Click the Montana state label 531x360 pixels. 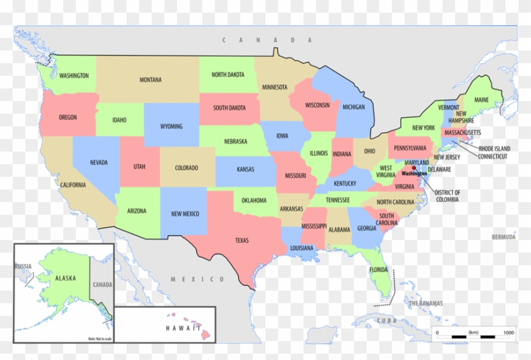tap(150, 80)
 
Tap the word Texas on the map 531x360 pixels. tap(241, 240)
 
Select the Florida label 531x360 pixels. tap(378, 270)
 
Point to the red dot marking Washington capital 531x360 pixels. tap(414, 169)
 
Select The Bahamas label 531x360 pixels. tap(425, 303)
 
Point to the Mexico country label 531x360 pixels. tap(197, 279)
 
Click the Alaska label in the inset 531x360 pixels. tap(66, 278)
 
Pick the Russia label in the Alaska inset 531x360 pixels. tap(23, 267)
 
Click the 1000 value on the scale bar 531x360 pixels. tap(508, 332)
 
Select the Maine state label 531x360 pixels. tap(482, 100)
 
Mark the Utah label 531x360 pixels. tap(139, 167)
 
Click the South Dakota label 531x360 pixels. tap(229, 107)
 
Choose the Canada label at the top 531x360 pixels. tap(267, 40)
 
